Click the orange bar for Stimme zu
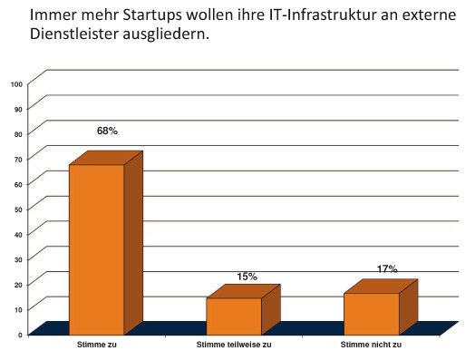point(97,248)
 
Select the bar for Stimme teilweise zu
point(234,316)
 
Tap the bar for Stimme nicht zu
point(371,313)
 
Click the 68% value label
point(107,131)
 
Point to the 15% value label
point(247,277)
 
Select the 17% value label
point(387,269)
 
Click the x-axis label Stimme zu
point(98,345)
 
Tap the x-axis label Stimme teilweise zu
point(234,345)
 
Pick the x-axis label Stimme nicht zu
point(371,345)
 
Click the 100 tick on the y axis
point(16,83)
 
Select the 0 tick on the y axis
point(20,335)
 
